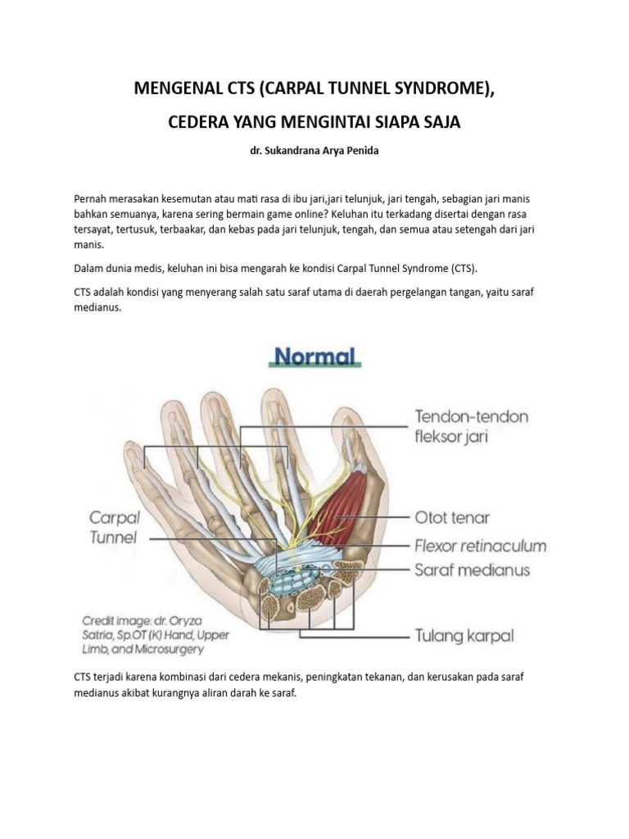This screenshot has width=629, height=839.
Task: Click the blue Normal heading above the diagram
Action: tap(314, 356)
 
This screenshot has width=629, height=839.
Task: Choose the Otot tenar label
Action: tap(452, 517)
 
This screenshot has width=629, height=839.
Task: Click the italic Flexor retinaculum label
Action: tap(480, 545)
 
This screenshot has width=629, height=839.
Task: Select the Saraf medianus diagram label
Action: tap(472, 569)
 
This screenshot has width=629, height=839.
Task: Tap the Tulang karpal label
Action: tap(463, 635)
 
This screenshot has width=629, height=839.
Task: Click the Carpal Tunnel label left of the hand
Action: tap(114, 528)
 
